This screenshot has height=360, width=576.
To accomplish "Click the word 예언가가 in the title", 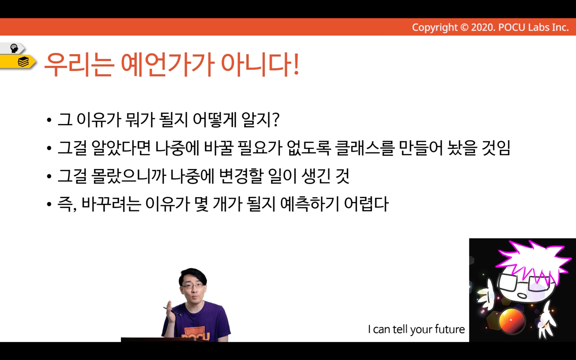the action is coord(167,64).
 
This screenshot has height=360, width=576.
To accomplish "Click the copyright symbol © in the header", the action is coord(464,27).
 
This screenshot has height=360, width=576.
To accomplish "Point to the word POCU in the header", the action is coord(512,27).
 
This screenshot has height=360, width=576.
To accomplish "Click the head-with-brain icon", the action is coord(14,48).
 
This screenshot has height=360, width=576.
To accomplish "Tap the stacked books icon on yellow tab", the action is coord(23,62).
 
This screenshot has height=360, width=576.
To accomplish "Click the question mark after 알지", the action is coord(276,120).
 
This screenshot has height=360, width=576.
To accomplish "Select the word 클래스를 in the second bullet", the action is coord(365,148).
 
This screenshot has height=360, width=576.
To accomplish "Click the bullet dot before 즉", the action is coord(49,205).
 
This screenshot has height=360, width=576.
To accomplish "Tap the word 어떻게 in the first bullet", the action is coord(214,120).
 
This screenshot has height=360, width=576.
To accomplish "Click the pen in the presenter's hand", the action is coord(172,311).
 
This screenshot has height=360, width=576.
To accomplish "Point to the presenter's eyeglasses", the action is coord(193,286).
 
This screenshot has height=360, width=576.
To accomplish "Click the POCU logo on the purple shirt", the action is coord(196,334).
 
